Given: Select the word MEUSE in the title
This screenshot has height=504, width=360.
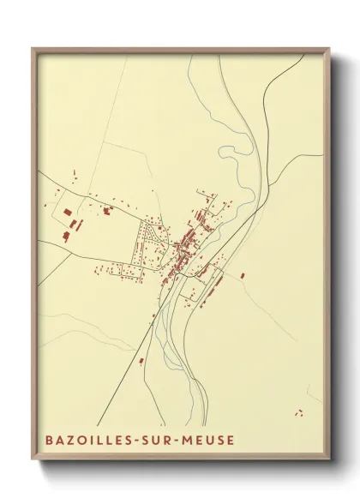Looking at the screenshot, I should pos(207,441).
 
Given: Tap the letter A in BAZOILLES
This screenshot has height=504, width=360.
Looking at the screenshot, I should pos(59,441).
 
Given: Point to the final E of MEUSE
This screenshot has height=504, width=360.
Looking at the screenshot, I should pos(229,441).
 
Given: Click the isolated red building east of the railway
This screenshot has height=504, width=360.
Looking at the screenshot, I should pos(243,275).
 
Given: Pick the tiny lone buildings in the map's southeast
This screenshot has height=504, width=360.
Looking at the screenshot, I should pos(299,412).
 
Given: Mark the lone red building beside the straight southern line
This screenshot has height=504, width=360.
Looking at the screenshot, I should pos(141,360).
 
